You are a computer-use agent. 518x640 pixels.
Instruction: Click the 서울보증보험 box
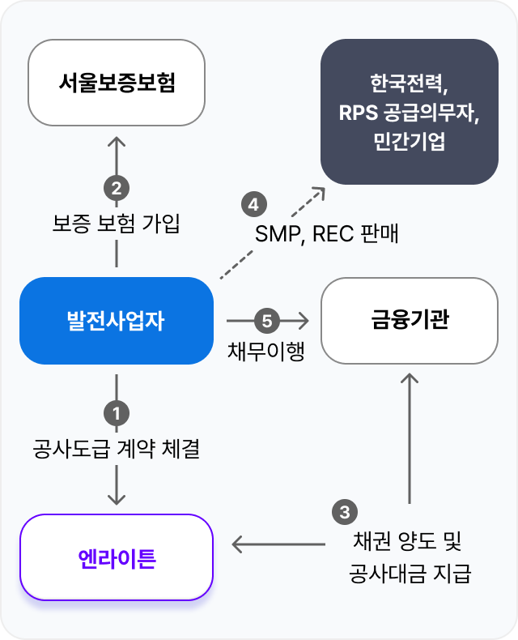117,83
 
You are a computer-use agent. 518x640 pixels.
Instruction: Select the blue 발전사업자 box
117,321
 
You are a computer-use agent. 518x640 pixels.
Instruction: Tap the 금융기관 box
410,321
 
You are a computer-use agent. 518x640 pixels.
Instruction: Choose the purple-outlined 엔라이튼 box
117,557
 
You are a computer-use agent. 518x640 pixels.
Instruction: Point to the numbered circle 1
117,413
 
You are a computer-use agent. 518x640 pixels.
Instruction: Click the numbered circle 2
117,189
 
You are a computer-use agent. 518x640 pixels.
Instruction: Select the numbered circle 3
345,512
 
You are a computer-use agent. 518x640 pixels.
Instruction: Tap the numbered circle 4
253,204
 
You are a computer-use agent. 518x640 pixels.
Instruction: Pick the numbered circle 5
266,321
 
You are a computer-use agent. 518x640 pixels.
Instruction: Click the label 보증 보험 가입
116,224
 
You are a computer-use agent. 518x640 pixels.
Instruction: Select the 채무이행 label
266,352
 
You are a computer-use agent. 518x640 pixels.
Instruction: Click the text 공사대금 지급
410,574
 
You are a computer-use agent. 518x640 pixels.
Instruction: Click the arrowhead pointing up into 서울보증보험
117,143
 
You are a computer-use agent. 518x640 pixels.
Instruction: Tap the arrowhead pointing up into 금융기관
410,381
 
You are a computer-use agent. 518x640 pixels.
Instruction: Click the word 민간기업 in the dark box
410,142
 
